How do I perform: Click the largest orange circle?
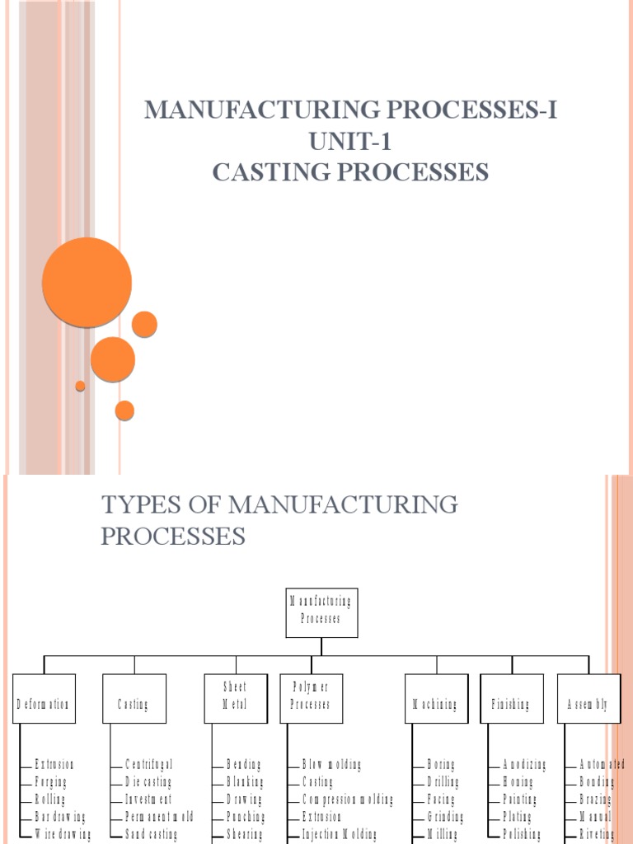(x=87, y=283)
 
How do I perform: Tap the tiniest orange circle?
(x=80, y=386)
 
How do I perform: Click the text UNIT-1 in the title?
(x=350, y=142)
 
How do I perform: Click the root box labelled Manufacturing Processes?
(x=321, y=612)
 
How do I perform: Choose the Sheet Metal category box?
(x=234, y=696)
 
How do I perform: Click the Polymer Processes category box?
(x=311, y=696)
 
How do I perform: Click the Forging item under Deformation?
(x=51, y=782)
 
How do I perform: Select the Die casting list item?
(x=148, y=782)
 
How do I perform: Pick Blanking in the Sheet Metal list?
(x=246, y=782)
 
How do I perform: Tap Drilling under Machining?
(x=443, y=782)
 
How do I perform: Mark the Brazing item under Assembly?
(x=596, y=799)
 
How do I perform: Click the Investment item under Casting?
(x=148, y=799)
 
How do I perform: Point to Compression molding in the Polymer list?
(x=347, y=799)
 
